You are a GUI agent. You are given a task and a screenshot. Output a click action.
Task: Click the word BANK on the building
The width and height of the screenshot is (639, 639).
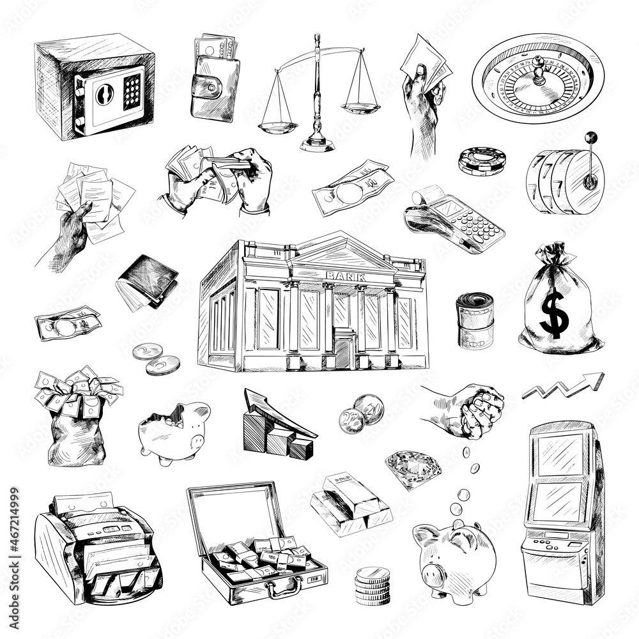[x=346, y=275]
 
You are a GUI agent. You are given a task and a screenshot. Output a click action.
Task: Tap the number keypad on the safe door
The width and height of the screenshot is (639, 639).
[x=132, y=91]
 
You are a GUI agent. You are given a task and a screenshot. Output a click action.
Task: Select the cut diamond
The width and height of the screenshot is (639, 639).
[x=413, y=468]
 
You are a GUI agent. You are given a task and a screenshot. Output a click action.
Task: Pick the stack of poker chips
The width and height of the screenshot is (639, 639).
[x=482, y=160]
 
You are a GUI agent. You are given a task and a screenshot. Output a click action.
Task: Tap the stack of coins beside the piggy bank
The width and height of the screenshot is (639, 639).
[x=373, y=585]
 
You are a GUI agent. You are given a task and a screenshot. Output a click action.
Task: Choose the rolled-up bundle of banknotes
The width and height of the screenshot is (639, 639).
[x=475, y=319]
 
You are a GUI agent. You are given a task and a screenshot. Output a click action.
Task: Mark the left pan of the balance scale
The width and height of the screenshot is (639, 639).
[x=278, y=127]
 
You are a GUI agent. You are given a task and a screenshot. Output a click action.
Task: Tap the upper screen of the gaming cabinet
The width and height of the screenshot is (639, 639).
[x=560, y=454]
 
